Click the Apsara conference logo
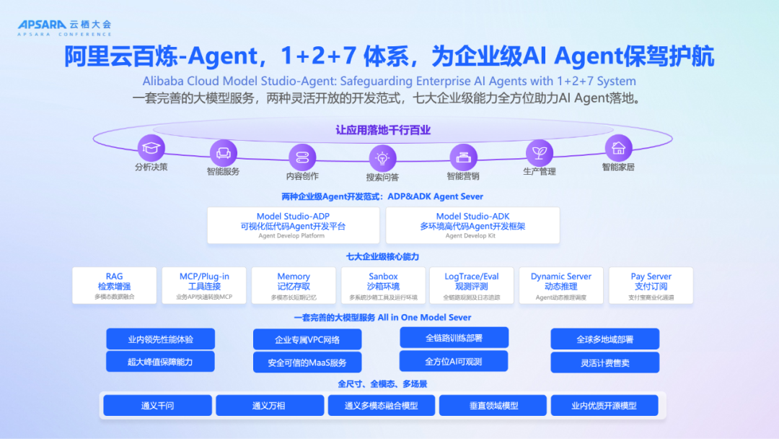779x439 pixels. point(64,27)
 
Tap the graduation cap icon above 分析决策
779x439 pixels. point(151,148)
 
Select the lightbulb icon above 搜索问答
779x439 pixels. point(382,157)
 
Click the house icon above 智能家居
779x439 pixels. point(618,148)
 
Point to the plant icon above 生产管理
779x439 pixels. point(538,152)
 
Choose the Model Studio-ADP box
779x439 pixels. point(293,225)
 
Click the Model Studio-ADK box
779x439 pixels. point(472,225)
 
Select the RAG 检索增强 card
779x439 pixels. point(114,285)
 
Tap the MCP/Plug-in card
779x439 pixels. point(204,285)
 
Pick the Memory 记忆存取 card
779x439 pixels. point(294,285)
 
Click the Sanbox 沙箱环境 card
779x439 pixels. point(383,285)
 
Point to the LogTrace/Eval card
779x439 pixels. point(472,285)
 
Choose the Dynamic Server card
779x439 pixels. point(561,285)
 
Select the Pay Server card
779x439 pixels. point(651,285)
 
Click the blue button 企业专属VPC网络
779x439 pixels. point(307,339)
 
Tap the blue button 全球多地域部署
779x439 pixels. point(604,339)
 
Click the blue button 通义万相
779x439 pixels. point(270,405)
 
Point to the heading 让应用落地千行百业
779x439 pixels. point(383,131)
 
